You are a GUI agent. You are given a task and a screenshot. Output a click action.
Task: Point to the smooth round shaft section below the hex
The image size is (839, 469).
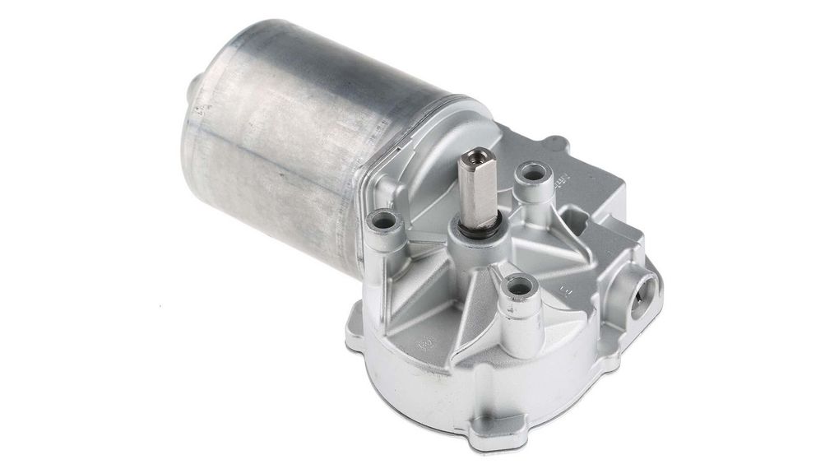click(476, 216)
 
